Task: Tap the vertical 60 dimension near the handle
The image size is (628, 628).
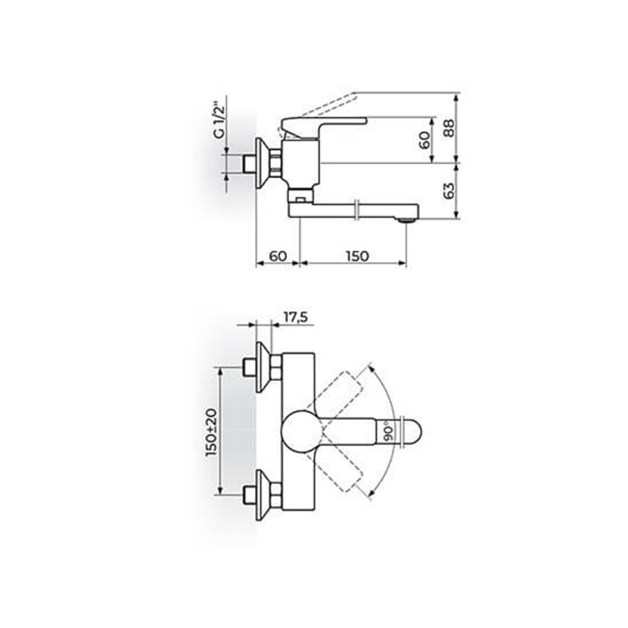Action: pyautogui.click(x=424, y=140)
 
